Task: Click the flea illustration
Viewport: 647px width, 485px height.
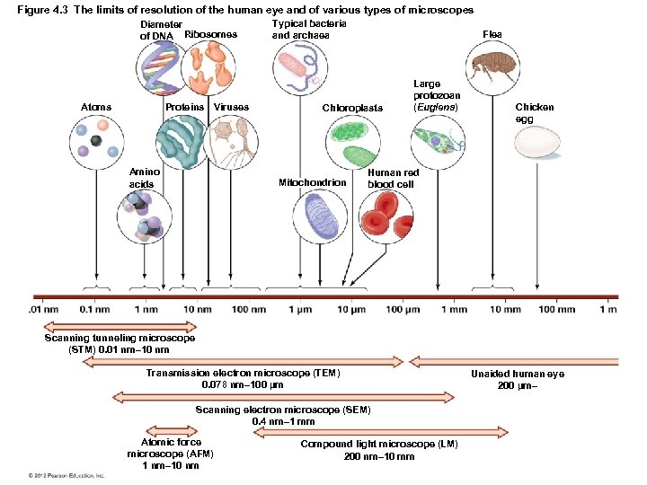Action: [x=492, y=66]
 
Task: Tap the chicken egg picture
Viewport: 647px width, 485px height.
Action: [x=537, y=141]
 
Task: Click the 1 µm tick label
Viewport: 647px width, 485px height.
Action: [x=300, y=310]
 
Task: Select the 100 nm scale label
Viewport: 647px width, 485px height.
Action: [x=248, y=310]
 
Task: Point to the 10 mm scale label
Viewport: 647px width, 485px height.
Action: [x=506, y=310]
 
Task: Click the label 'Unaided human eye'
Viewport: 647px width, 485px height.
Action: [x=518, y=374]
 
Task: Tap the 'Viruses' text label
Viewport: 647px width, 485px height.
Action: [x=231, y=108]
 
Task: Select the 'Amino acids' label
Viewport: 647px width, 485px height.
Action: [x=142, y=177]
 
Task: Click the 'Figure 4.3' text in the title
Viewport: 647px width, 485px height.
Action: [x=43, y=10]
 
